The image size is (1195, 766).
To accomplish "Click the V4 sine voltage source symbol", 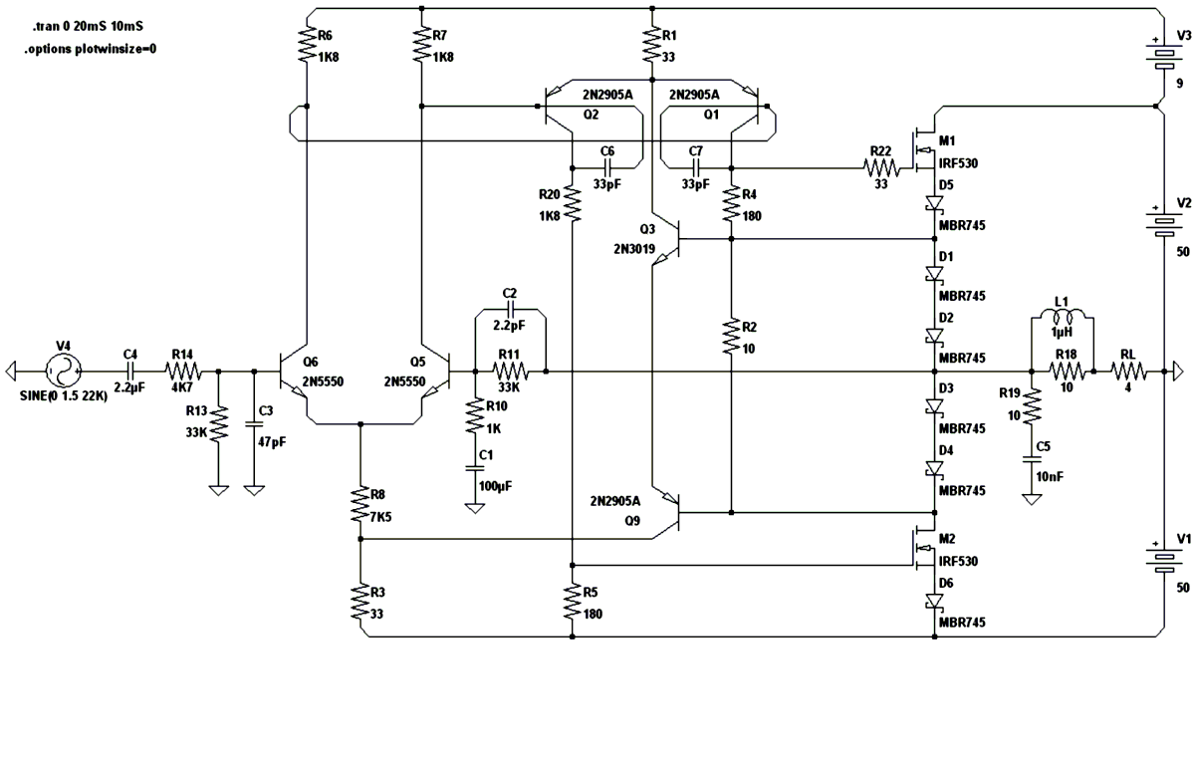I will click(63, 373).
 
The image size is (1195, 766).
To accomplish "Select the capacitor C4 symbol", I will click(130, 373).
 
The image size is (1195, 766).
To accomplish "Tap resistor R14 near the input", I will click(184, 373).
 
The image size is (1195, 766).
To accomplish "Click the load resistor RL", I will click(1127, 373).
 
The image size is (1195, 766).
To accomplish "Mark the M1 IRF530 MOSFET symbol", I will click(922, 149).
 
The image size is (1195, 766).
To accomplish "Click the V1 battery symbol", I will click(1162, 559).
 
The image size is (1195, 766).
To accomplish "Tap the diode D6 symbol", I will click(935, 601).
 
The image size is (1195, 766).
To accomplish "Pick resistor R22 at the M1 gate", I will click(880, 167).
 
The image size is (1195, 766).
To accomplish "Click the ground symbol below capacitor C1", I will click(475, 508).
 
